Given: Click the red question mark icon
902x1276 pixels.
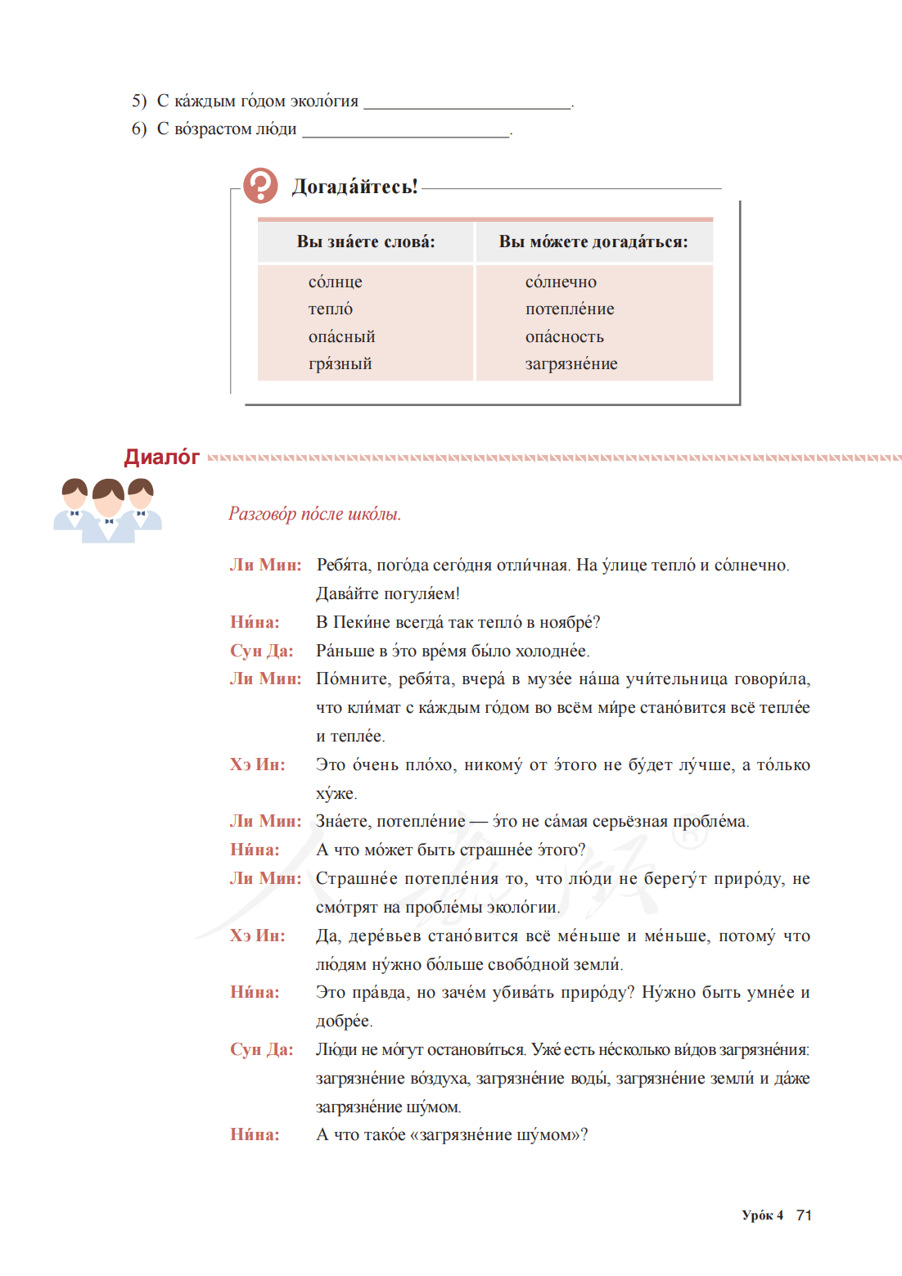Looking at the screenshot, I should click(x=260, y=186).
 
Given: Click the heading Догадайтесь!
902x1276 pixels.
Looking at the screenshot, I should click(x=354, y=187).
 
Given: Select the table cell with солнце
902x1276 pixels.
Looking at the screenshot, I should click(x=335, y=282).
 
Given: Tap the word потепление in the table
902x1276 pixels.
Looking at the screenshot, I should click(x=570, y=309).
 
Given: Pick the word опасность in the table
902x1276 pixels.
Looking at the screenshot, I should click(x=564, y=336).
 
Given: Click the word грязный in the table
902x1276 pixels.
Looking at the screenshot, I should click(x=340, y=363).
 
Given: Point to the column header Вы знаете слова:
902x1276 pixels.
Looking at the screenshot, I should click(x=365, y=241).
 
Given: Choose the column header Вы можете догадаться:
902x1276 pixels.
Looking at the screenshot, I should click(x=593, y=241).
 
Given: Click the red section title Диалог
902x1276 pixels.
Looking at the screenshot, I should click(x=162, y=457).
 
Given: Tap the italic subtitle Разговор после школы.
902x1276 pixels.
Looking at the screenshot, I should click(x=314, y=514).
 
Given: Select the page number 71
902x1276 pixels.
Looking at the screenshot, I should click(x=804, y=1215).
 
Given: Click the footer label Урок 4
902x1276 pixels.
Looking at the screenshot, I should click(x=762, y=1215).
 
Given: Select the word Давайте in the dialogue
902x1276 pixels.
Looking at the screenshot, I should click(x=347, y=593).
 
